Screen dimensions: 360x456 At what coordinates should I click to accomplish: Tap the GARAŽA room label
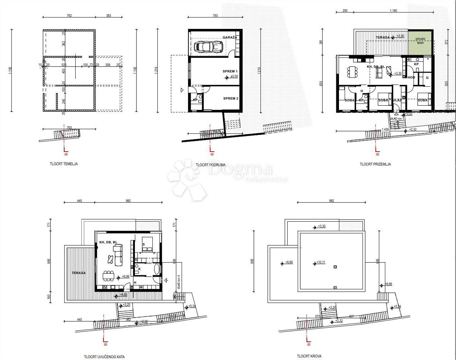[230, 38]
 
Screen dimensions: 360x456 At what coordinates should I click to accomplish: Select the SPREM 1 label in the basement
[230, 71]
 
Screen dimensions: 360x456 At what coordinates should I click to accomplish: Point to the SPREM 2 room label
[230, 98]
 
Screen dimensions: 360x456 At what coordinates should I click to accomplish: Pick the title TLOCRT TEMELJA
[63, 164]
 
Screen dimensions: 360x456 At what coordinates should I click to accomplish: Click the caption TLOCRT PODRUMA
[211, 165]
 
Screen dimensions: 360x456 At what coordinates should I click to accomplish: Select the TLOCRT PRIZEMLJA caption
[375, 165]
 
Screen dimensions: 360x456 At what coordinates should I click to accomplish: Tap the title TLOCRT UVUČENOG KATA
[104, 357]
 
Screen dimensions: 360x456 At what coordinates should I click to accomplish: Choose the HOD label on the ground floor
[411, 78]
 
